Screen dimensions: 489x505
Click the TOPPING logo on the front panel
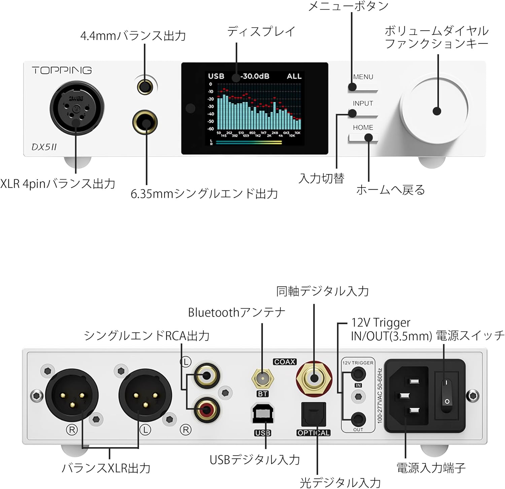coord(62,70)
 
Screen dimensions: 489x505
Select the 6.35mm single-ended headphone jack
coord(145,123)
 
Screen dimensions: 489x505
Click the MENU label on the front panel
coord(363,77)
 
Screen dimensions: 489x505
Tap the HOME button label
coord(363,128)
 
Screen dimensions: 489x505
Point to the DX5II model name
coord(44,147)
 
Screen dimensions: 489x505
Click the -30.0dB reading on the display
coord(255,76)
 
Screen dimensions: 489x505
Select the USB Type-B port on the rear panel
coord(263,413)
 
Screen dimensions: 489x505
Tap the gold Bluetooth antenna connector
coord(263,379)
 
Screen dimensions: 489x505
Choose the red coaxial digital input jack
coord(314,378)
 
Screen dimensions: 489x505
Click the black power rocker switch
coord(446,392)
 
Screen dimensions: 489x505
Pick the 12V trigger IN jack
coord(358,374)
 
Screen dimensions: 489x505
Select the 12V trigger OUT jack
coord(358,419)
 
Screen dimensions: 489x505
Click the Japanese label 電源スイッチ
coord(470,335)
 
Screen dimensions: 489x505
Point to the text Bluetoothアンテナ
coord(236,312)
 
